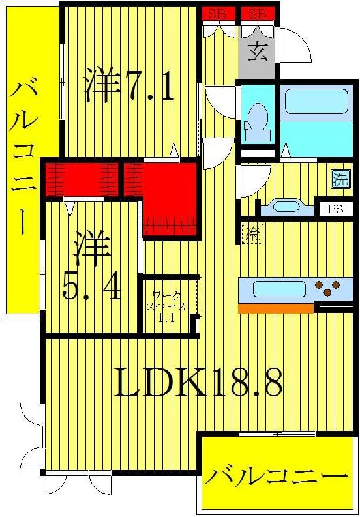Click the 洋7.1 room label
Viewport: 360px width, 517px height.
[x=129, y=86]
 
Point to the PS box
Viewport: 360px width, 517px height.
[x=335, y=209]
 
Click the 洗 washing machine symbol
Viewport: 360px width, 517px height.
[x=340, y=179]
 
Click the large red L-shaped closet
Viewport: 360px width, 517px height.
[x=170, y=196]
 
